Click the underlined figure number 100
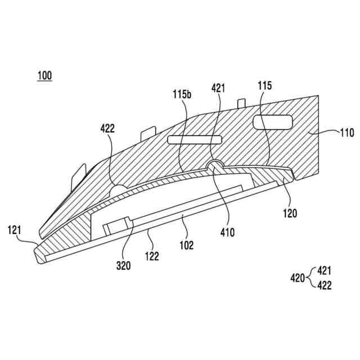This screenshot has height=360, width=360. coord(44,75)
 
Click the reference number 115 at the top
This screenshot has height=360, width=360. coord(265,85)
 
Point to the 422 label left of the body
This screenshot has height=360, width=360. coord(107,128)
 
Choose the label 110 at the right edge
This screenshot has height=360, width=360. coord(346,133)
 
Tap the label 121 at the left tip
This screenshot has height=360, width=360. coord(15,229)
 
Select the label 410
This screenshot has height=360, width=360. coord(228,231)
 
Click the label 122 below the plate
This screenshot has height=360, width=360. coord(152,256)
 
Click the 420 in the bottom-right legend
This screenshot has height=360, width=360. coord(298,277)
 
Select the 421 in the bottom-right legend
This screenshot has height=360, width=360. coord(325,269)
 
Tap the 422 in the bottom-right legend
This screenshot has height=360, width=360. coord(325,286)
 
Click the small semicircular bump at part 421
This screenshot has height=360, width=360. coord(214,164)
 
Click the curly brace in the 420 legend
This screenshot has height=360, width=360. coord(311,277)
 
